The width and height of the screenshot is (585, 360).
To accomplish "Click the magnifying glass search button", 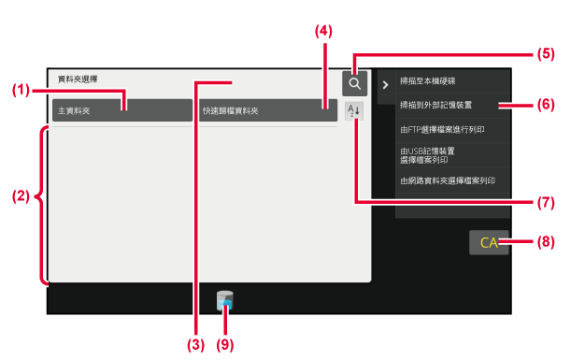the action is [354, 83].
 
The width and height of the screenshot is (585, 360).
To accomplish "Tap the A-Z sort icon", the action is [353, 111].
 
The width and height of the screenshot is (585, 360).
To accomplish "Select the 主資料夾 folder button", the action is [122, 110].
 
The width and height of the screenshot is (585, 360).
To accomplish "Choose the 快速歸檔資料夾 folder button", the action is [268, 110].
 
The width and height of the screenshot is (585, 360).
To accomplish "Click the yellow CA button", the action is [489, 243].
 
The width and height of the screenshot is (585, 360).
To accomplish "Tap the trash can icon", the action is [225, 300].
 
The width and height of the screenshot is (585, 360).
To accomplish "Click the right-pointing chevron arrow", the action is [386, 85].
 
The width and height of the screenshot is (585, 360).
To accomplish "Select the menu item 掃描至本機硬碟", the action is [428, 81].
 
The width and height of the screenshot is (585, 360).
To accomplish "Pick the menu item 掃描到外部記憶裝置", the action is [435, 105].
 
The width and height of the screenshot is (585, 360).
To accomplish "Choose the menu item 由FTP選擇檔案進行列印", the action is [442, 130].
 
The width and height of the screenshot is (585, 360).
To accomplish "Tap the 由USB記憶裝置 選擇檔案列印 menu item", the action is [427, 155].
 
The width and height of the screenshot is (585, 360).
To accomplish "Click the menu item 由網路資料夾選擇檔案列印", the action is [448, 180].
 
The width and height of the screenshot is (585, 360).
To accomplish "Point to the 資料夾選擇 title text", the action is [78, 79].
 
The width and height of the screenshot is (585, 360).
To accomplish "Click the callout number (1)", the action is [21, 90].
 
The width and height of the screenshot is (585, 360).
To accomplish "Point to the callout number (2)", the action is [21, 196].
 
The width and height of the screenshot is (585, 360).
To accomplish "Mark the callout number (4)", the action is [323, 32].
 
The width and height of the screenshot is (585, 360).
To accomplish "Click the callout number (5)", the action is [546, 54].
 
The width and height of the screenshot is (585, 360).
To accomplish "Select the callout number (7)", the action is [546, 202].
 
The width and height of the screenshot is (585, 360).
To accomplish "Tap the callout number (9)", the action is [225, 344].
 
